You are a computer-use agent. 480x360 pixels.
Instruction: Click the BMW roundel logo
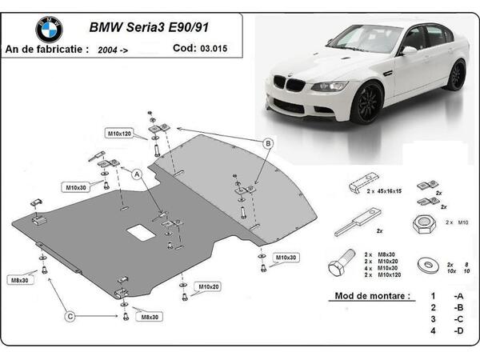pos(49,30)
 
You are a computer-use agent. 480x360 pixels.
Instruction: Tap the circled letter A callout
pos(137,173)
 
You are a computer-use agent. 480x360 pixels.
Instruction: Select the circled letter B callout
pos(269,143)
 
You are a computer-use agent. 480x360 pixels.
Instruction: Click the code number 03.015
pos(213,47)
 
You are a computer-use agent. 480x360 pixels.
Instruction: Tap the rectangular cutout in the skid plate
pos(142,232)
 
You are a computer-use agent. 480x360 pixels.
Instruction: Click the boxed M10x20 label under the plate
pos(210,286)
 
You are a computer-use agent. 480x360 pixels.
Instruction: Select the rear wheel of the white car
pos(456,76)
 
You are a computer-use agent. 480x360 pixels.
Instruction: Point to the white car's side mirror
pos(409,50)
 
